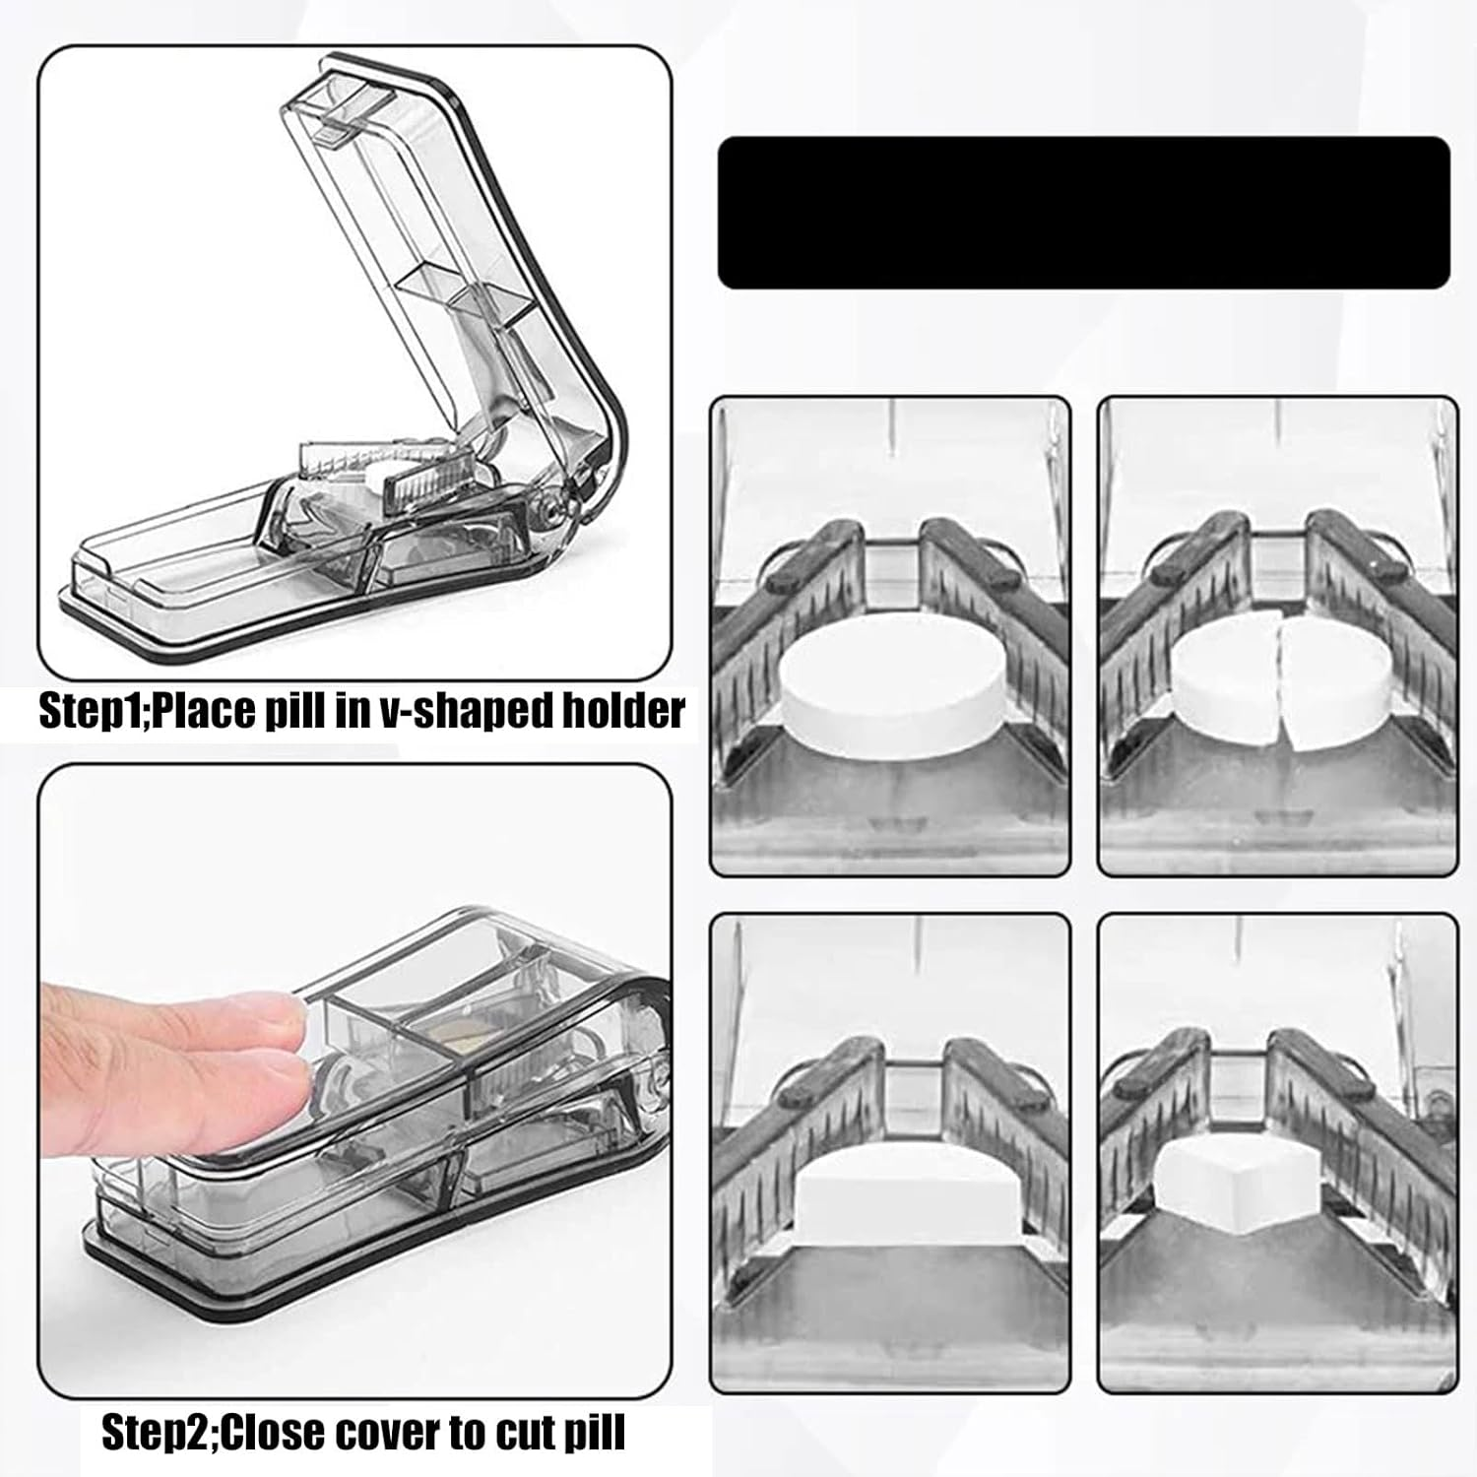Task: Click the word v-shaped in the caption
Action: point(465,710)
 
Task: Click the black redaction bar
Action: point(1083,213)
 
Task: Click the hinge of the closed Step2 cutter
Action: point(657,1068)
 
